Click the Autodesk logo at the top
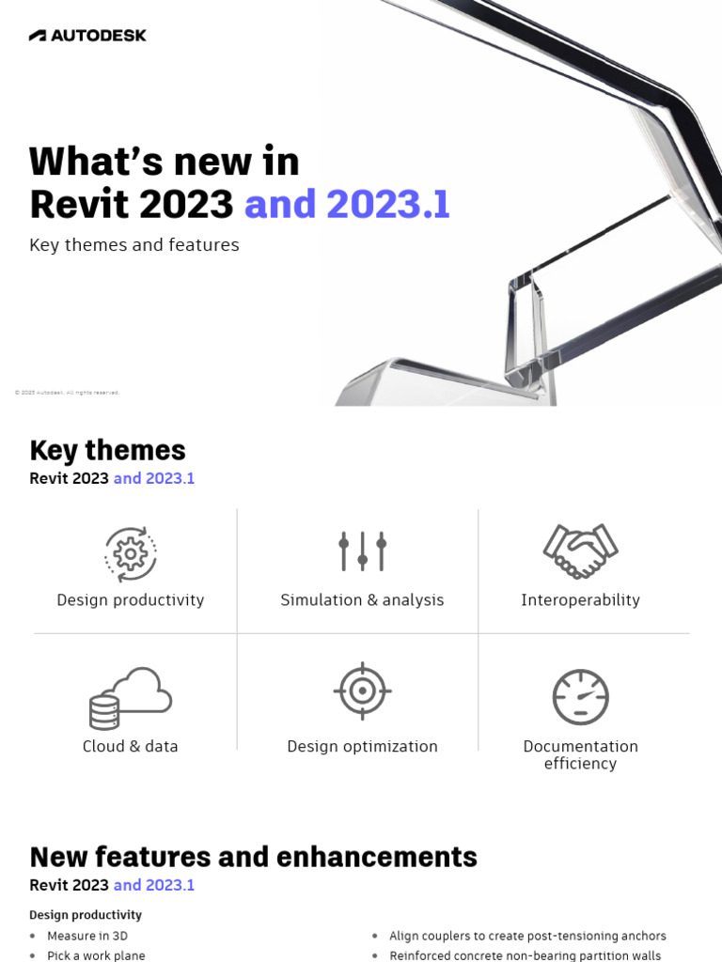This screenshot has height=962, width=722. tap(87, 36)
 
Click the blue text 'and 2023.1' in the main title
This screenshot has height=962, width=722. tap(347, 204)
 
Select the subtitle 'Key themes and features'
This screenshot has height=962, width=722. tap(134, 245)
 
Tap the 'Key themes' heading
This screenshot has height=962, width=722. tap(107, 450)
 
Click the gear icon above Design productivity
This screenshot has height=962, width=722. tap(130, 554)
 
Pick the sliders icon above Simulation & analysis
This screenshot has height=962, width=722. tap(362, 551)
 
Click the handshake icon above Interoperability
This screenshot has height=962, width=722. tap(580, 551)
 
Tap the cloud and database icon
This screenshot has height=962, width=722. tap(130, 698)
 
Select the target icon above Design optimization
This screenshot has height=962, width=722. tap(362, 691)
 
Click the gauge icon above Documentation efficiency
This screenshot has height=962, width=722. tap(580, 697)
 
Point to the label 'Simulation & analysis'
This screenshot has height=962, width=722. tap(362, 600)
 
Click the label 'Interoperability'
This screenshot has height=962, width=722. tap(580, 600)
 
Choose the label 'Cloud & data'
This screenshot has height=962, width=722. tap(130, 747)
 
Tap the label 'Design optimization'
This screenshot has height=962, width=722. tap(362, 747)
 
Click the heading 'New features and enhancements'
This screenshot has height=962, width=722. tap(253, 857)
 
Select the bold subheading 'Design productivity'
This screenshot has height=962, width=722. tap(86, 915)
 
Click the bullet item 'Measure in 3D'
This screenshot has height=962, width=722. tap(87, 936)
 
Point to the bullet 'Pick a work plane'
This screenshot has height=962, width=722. tap(96, 955)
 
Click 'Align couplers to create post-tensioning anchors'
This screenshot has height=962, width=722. tap(527, 936)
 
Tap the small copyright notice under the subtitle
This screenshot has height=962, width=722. tap(67, 393)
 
